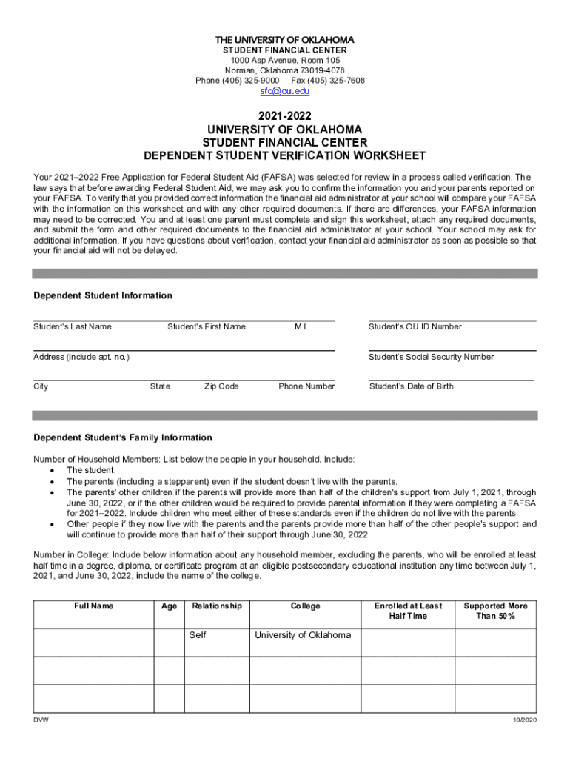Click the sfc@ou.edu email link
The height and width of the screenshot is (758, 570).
(x=284, y=91)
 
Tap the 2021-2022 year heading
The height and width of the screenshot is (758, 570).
(x=285, y=116)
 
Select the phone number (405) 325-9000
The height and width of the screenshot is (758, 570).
(x=238, y=80)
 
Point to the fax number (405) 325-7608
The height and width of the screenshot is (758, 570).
(x=328, y=80)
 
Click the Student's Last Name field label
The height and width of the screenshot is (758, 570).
(x=73, y=327)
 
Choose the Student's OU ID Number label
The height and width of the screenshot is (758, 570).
(x=415, y=327)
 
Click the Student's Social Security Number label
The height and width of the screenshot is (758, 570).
(x=431, y=357)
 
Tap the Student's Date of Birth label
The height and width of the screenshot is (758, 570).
(x=411, y=386)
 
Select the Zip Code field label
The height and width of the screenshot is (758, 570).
(x=221, y=386)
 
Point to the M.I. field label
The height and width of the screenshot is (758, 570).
(x=301, y=327)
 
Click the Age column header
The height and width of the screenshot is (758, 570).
(x=169, y=606)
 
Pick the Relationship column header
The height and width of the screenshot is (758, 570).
(x=217, y=606)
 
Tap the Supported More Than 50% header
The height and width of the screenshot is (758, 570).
(x=495, y=611)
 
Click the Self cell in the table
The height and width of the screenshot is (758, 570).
(x=198, y=635)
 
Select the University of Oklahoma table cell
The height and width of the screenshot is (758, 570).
(x=303, y=635)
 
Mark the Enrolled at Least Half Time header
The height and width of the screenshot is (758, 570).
(x=408, y=611)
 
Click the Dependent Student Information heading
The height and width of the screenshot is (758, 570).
(x=103, y=296)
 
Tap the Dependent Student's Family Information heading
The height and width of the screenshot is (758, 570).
(x=123, y=438)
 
